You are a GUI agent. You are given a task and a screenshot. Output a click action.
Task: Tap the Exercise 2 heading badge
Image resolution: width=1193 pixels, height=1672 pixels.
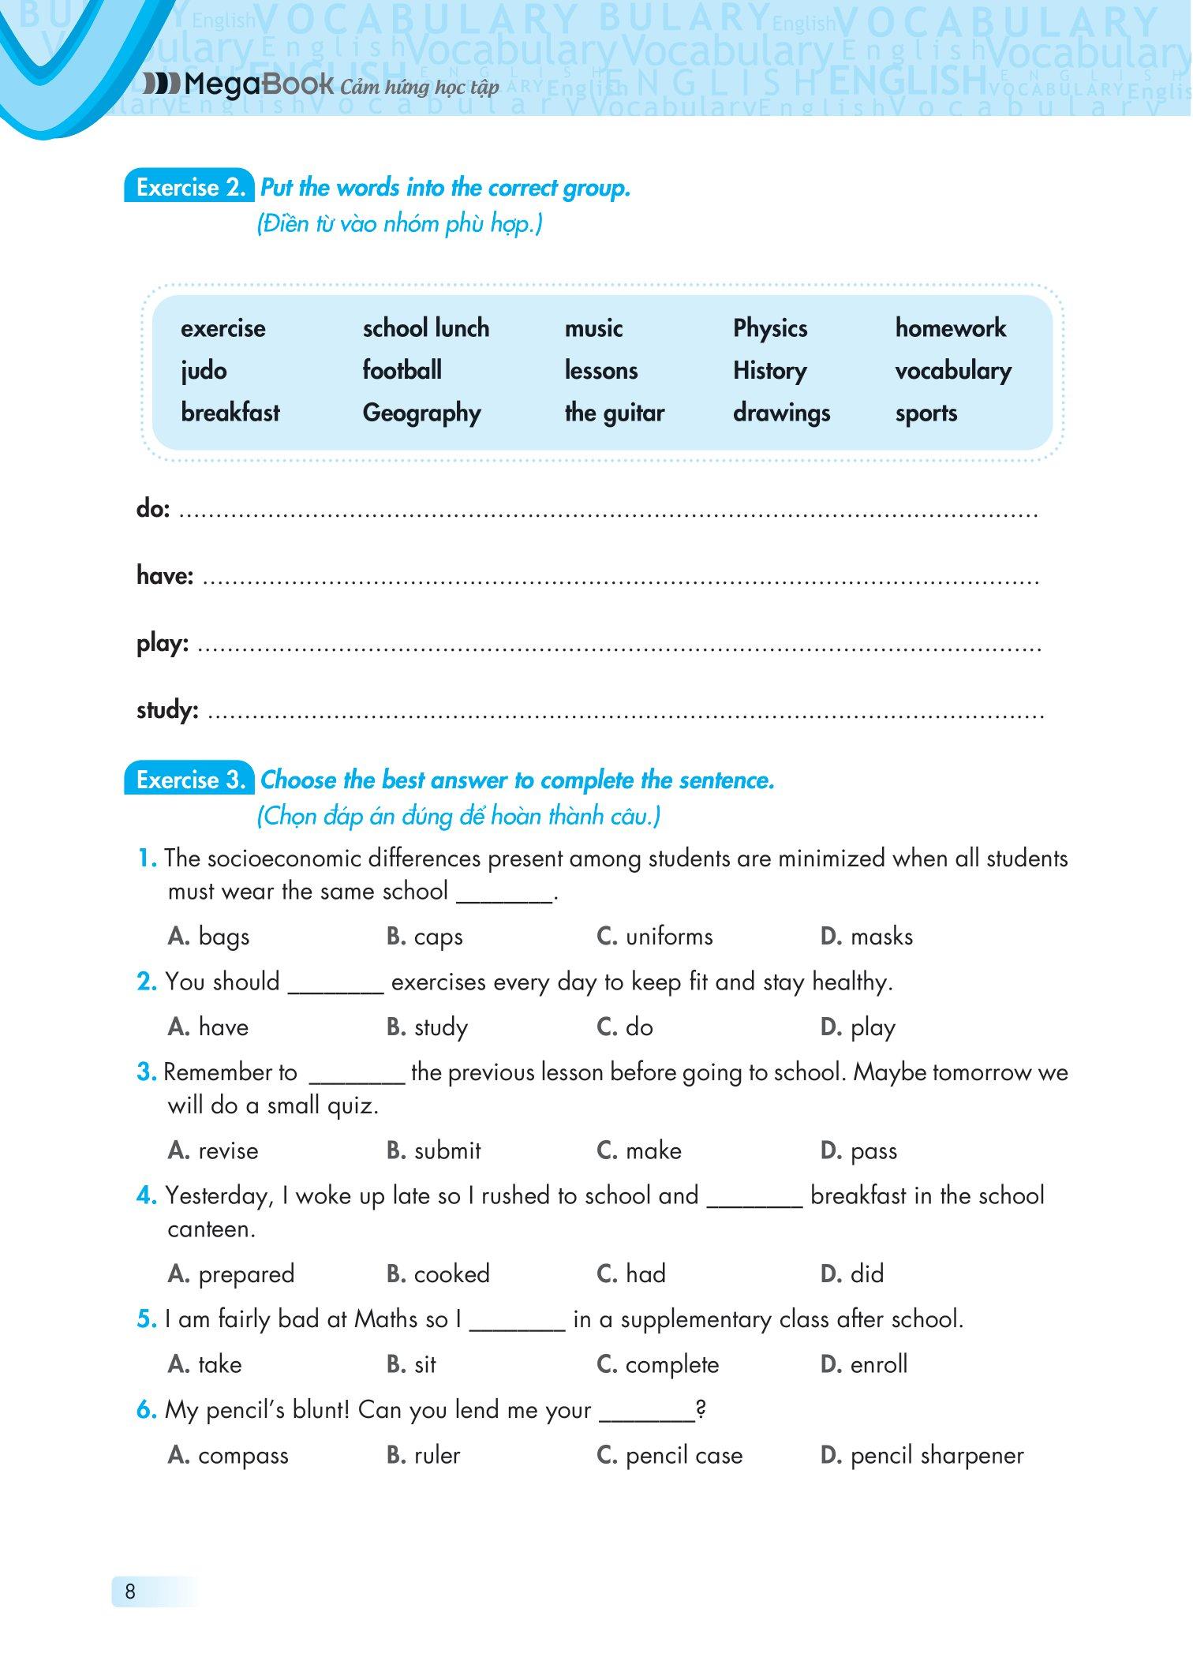[x=189, y=187]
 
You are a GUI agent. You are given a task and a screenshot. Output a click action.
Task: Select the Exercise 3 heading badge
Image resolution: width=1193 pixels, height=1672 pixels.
[x=189, y=780]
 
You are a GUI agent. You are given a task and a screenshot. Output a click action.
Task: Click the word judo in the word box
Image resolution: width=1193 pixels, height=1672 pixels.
[x=204, y=371]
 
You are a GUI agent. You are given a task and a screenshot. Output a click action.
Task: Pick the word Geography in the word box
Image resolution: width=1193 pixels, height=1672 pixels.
[x=421, y=413]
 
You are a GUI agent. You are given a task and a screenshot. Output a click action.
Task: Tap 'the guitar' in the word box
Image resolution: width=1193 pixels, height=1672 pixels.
[x=615, y=413]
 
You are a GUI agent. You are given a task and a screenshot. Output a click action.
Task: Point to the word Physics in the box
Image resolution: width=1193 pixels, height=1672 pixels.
[x=770, y=328]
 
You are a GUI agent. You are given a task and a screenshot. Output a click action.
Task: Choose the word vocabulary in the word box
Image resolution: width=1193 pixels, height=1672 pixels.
[x=953, y=371]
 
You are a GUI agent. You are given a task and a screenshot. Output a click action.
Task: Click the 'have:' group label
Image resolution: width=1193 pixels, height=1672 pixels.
[x=165, y=576]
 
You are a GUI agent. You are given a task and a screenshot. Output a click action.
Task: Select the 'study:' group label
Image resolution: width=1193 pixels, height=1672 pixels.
[x=167, y=710]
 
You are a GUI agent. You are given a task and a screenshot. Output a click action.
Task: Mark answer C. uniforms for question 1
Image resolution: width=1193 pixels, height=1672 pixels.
[x=655, y=937]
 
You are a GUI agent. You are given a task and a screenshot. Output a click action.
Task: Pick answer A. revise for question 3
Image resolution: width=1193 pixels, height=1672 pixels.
[x=213, y=1151]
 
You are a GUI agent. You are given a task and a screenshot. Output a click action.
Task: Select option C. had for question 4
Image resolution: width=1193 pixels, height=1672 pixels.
[x=631, y=1274]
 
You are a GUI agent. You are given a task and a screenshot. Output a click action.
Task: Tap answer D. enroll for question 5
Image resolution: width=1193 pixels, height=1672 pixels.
[x=864, y=1364]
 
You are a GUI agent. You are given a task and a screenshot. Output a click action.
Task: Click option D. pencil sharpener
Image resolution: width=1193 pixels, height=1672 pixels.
[x=922, y=1456]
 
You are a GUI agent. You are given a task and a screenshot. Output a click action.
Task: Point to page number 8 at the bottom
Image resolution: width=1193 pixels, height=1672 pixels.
[x=130, y=1592]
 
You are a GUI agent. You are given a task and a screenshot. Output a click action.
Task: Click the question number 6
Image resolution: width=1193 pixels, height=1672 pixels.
[x=147, y=1410]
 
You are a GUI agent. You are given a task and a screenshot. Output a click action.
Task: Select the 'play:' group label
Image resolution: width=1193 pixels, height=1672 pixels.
[x=163, y=644]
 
